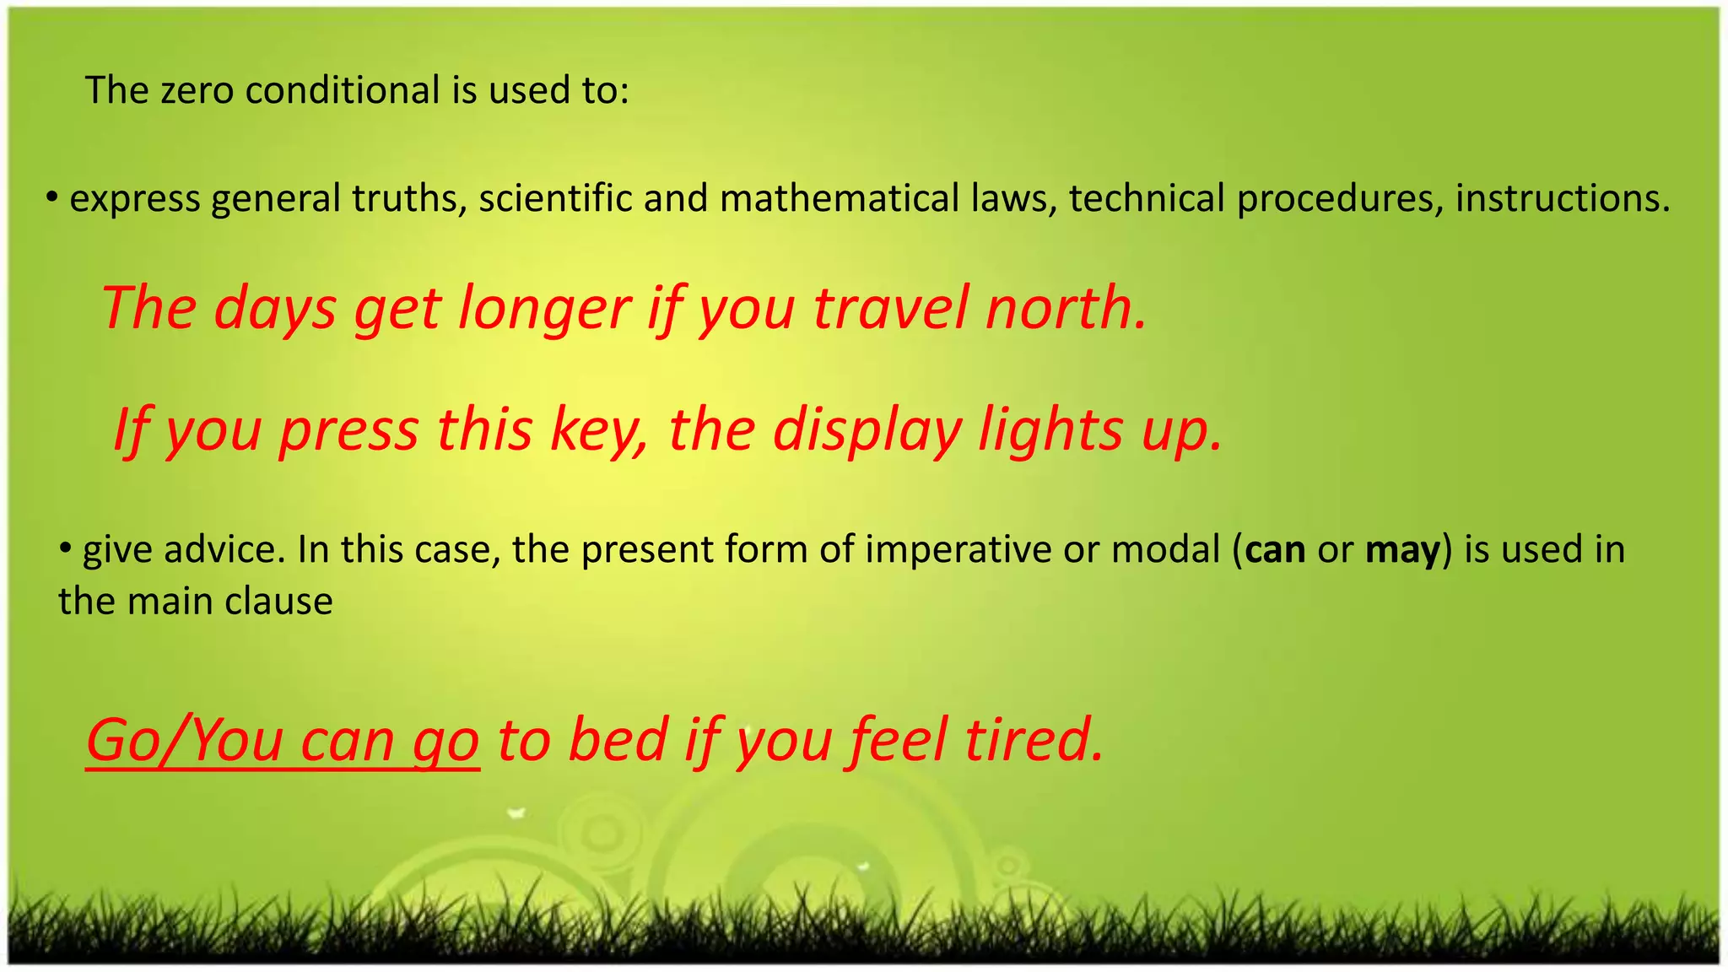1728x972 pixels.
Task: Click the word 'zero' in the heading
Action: click(x=197, y=90)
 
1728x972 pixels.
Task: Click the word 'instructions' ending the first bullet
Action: click(x=1561, y=199)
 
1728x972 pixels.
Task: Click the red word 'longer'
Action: click(x=544, y=308)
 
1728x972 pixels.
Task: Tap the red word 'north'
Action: click(x=1065, y=308)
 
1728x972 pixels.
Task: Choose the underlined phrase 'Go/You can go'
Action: click(x=283, y=741)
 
